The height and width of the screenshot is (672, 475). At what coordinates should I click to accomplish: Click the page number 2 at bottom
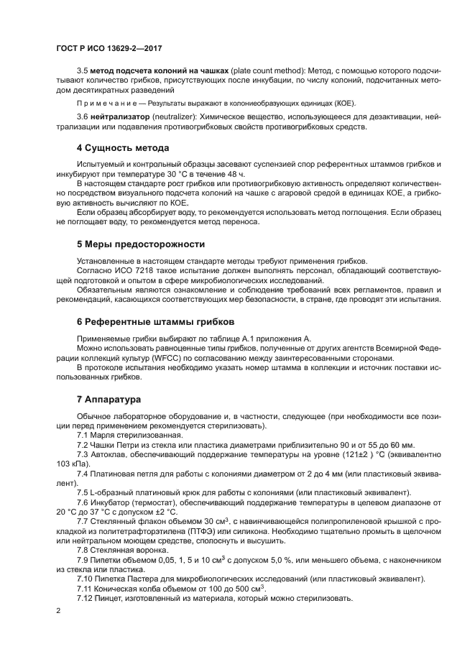(59, 611)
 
